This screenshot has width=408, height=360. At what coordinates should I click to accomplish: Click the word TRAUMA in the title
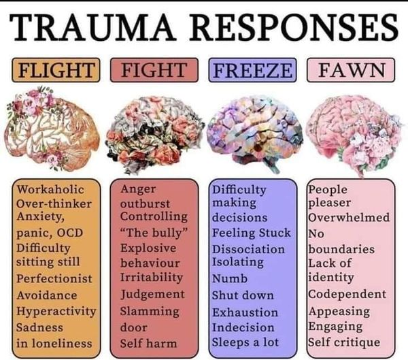tap(92, 27)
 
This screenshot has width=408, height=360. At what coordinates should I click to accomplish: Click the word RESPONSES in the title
tap(294, 27)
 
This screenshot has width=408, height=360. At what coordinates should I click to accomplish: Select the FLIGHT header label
tap(56, 70)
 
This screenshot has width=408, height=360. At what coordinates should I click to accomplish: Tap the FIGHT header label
tap(154, 70)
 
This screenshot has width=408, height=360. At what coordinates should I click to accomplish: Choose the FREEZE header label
tap(252, 70)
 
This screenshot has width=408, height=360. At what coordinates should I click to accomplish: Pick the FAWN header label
tap(351, 70)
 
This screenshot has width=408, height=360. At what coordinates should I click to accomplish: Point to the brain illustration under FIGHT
tap(155, 135)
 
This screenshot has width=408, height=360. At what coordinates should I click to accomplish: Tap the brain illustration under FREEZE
tap(255, 134)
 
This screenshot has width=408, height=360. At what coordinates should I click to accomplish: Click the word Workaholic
tap(50, 189)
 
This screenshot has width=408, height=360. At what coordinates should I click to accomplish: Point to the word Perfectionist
tap(54, 279)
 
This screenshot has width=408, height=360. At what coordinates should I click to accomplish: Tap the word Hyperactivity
tap(56, 311)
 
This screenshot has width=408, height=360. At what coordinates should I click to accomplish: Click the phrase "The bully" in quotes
tap(154, 233)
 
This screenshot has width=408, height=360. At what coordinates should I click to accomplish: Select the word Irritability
tap(152, 277)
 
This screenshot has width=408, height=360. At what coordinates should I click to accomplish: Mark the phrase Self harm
tap(148, 343)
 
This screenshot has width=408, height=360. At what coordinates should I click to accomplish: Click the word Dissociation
tap(248, 249)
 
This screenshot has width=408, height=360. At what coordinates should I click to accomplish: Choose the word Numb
tap(230, 279)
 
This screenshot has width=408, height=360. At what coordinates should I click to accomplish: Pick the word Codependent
tap(347, 295)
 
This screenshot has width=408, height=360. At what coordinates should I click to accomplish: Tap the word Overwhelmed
tap(349, 217)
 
